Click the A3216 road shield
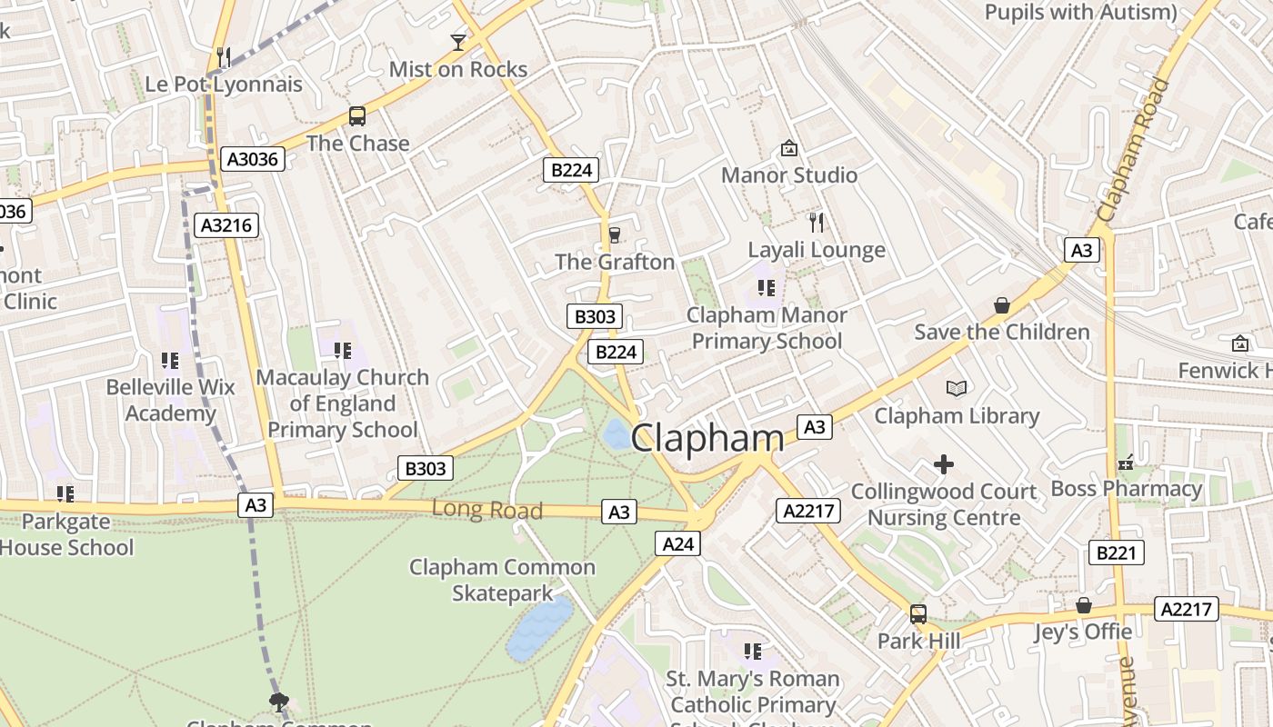[226, 225]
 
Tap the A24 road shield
[678, 543]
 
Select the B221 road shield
[1116, 553]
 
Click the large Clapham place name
[707, 438]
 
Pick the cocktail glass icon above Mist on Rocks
[458, 43]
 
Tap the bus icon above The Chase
[357, 116]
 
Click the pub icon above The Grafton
[615, 235]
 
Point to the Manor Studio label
[789, 174]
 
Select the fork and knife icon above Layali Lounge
[817, 223]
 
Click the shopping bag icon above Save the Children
[1002, 305]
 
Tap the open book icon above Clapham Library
[957, 389]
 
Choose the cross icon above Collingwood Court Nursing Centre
[944, 465]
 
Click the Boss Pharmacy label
[1127, 489]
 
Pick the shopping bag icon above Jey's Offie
[1084, 605]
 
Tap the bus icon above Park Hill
[918, 614]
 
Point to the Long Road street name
[487, 510]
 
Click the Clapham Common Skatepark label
[502, 581]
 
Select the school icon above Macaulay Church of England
[343, 351]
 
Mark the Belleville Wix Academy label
[170, 400]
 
